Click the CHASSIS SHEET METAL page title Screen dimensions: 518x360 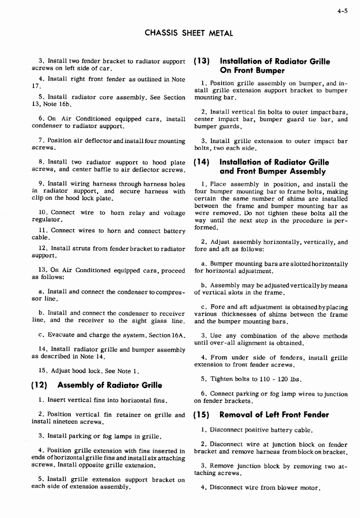pos(189,33)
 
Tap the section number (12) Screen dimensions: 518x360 pos(39,385)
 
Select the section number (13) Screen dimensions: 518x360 pos(202,61)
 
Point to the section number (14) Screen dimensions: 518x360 pos(202,162)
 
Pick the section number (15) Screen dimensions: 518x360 pos(202,415)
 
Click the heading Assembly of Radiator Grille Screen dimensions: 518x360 pos(110,385)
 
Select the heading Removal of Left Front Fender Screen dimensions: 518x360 pos(274,415)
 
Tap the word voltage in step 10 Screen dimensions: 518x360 pos(173,213)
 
